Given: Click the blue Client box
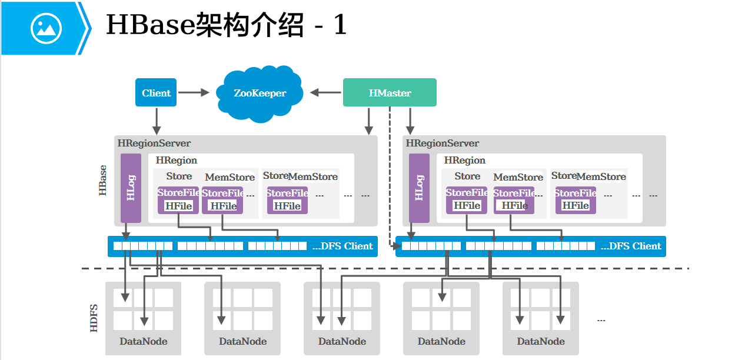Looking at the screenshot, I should [156, 93].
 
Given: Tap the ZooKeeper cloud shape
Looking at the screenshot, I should [260, 93].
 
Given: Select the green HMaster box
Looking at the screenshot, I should [390, 93].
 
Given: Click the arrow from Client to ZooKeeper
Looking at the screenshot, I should [194, 92].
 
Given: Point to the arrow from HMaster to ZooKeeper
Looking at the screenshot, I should [326, 92].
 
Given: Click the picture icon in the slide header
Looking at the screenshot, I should [46, 28].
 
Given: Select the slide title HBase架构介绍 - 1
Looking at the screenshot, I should [226, 26].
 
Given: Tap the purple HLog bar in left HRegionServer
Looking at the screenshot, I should [131, 188].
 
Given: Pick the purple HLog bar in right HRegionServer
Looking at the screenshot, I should [419, 188].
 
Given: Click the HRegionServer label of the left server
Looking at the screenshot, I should [154, 143].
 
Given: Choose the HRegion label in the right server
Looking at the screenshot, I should [465, 160].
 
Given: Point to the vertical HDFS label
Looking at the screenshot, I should [94, 318].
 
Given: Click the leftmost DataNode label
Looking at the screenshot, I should [144, 341].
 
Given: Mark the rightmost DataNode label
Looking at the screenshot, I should [541, 341].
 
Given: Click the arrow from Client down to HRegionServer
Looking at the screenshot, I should [157, 121].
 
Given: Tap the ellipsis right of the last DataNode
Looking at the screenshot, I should [601, 320].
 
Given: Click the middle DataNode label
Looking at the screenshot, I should [342, 341].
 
